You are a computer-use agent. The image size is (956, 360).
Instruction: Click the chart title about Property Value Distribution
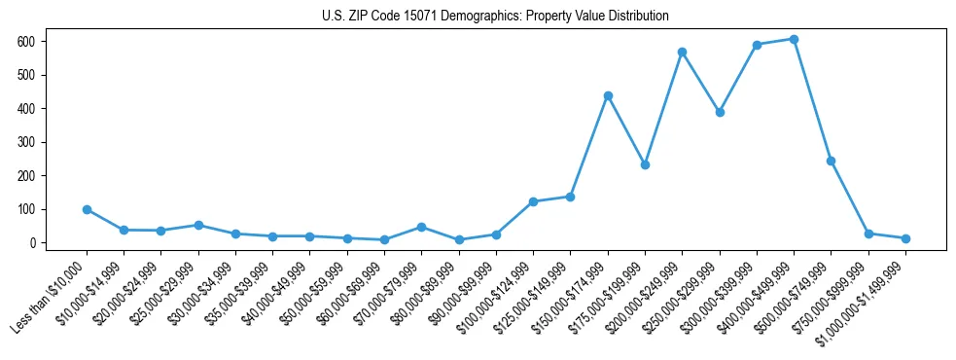click(495, 16)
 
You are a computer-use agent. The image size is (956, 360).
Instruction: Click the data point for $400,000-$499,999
click(794, 39)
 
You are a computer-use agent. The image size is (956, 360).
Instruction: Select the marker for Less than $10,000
click(87, 209)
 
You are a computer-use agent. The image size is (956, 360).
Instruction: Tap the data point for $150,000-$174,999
click(608, 95)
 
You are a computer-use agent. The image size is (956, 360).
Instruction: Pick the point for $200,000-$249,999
click(683, 52)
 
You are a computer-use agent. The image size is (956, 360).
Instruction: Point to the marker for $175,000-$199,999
click(645, 164)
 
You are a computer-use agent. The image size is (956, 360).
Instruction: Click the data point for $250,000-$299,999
click(720, 112)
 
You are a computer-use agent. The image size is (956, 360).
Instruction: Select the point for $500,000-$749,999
click(832, 161)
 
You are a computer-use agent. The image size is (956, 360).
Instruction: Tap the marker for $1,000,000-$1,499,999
click(905, 238)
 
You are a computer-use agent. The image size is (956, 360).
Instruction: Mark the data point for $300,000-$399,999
click(757, 45)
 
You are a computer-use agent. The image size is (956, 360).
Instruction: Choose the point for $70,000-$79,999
click(421, 227)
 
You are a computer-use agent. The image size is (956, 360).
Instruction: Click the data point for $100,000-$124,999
click(533, 201)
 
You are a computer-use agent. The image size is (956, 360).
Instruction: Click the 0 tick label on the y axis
click(32, 243)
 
